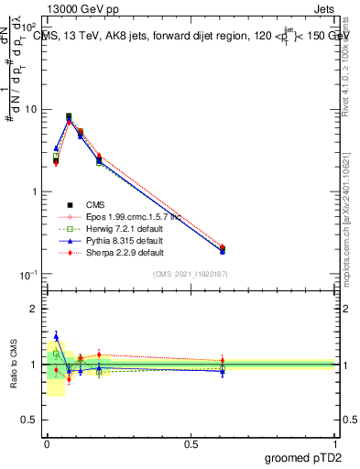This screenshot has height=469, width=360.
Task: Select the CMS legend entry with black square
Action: [x=99, y=205]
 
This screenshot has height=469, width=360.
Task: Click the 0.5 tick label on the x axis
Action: [x=191, y=442]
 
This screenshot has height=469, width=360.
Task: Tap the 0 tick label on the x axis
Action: [x=47, y=442]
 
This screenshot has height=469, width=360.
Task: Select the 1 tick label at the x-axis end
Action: [x=334, y=442]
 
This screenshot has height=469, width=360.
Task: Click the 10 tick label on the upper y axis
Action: [x=33, y=109]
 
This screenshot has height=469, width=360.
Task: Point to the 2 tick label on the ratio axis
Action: [x=37, y=309]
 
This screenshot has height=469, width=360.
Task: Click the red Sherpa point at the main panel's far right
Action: [x=223, y=247]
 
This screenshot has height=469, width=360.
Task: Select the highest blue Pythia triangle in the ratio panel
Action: [x=56, y=336]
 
